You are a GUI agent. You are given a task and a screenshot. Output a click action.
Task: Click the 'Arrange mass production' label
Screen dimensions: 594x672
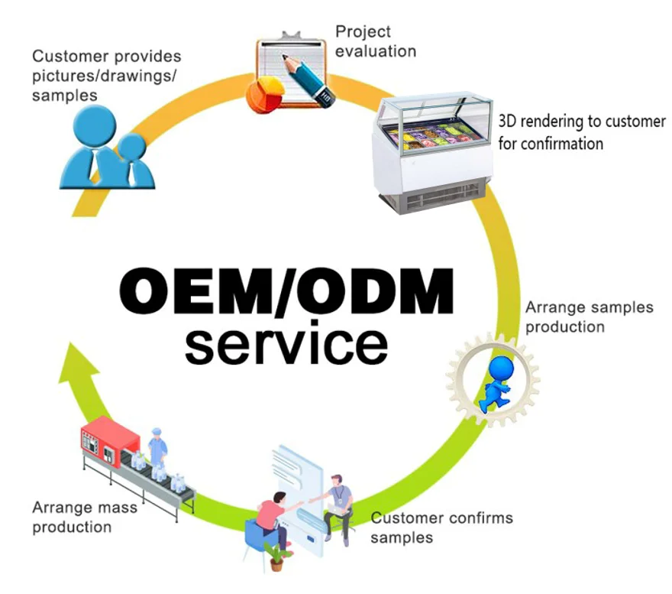point(85,517)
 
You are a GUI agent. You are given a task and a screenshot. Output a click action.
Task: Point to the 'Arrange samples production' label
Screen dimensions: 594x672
point(589,316)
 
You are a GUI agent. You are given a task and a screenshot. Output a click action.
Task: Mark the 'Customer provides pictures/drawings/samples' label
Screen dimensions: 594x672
point(107,76)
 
